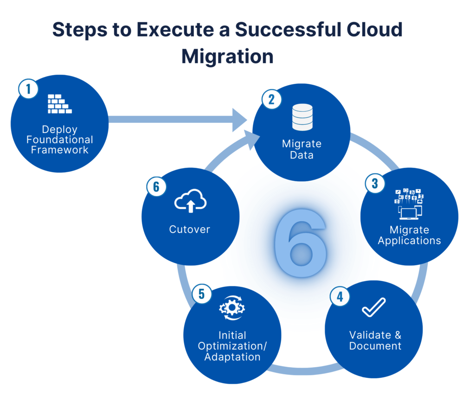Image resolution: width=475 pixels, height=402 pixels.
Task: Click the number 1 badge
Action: click(x=28, y=89)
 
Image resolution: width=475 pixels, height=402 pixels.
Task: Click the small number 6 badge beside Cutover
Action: click(x=156, y=186)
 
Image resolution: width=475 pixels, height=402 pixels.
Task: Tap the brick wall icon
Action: click(x=60, y=104)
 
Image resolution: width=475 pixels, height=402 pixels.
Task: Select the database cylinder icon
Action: click(x=302, y=117)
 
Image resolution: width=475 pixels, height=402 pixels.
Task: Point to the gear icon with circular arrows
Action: click(x=232, y=308)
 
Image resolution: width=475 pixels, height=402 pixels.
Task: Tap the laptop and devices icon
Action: click(x=409, y=204)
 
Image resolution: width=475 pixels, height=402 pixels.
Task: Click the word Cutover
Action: click(x=190, y=229)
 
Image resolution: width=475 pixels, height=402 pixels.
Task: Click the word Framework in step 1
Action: click(x=60, y=149)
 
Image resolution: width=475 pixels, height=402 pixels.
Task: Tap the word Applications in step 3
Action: click(x=409, y=241)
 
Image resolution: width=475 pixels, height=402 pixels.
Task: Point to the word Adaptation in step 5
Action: click(x=232, y=357)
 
